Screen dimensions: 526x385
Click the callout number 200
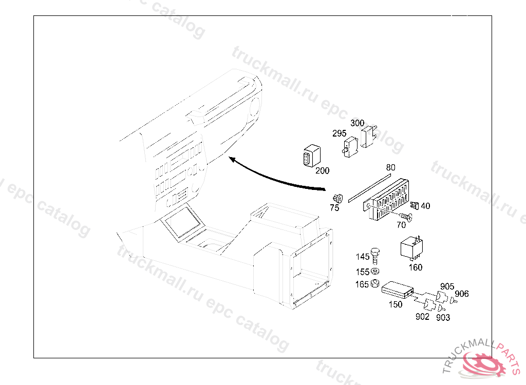point(322,171)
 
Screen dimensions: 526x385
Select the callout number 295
point(339,133)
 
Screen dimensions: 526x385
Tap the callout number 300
point(357,123)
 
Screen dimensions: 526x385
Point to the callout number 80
point(391,168)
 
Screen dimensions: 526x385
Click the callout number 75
point(334,208)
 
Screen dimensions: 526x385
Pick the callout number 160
point(415,267)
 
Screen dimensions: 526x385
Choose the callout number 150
point(395,304)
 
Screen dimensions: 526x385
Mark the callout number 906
point(462,294)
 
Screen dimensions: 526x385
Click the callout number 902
point(422,317)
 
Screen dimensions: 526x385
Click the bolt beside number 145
point(375,254)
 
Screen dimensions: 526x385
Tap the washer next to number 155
point(375,272)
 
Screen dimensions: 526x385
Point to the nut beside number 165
point(375,284)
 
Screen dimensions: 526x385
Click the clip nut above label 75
point(337,198)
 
